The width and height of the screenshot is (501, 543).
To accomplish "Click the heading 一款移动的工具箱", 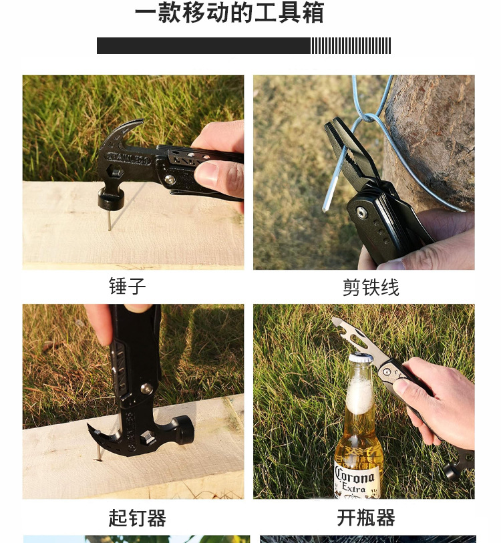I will coord(229,13).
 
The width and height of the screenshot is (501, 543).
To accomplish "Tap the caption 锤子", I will coord(127,287).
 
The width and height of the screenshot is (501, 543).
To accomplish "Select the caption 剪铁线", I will coord(371,288).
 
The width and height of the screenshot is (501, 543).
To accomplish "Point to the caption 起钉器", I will coord(137,518).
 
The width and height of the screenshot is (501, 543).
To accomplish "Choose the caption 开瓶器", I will coord(366,518).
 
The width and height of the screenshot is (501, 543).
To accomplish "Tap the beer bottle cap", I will coord(361,358).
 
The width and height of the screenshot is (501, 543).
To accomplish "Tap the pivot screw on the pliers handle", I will coord(361,212).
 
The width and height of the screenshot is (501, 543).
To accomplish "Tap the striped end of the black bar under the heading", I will coord(351,46).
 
